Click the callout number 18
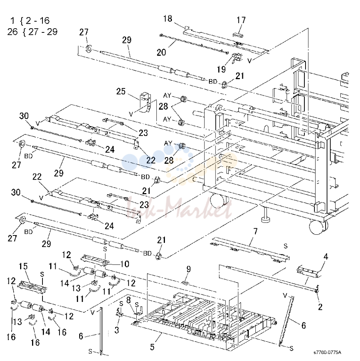(x=168, y=19)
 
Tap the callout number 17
(x=241, y=20)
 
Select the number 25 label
(x=121, y=92)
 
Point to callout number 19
(x=221, y=69)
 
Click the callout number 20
(x=161, y=53)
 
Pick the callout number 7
(x=255, y=231)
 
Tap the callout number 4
(x=326, y=256)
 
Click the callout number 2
(x=320, y=307)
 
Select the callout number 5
(x=152, y=347)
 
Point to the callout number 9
(x=188, y=269)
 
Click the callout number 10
(x=125, y=264)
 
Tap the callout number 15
(x=23, y=266)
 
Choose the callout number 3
(x=117, y=330)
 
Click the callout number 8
(x=129, y=300)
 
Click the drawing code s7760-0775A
(x=327, y=353)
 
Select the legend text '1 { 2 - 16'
(x=30, y=21)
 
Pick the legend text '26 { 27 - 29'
(x=32, y=32)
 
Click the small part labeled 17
(x=238, y=34)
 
